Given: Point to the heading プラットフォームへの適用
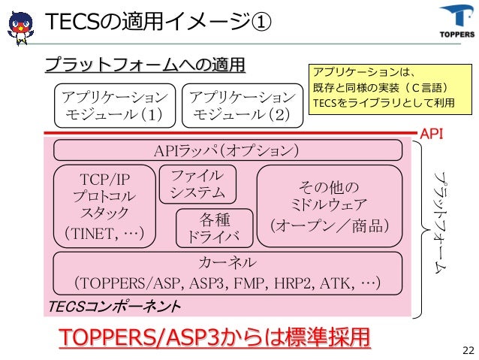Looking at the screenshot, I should (146, 66).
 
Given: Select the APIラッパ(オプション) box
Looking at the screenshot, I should (226, 151).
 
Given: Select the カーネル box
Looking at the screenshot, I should (227, 273).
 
